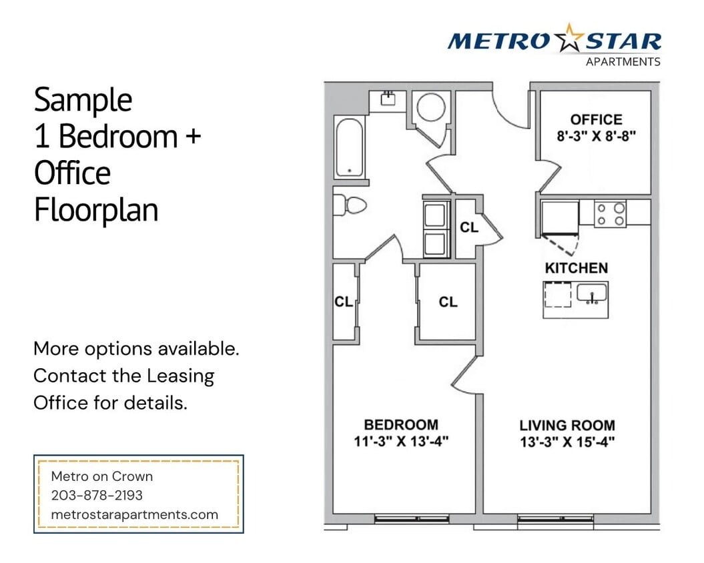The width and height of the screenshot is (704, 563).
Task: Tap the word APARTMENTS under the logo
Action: [623, 62]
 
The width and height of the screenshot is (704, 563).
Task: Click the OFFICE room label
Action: [596, 119]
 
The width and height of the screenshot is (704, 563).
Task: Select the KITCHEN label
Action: [577, 268]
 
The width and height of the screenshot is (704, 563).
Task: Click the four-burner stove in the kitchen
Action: [611, 214]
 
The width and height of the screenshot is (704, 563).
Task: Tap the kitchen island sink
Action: [591, 293]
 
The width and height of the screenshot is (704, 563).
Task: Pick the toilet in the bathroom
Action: [349, 205]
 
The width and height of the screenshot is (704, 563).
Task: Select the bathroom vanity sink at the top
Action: [387, 99]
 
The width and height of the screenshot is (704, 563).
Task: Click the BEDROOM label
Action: [400, 424]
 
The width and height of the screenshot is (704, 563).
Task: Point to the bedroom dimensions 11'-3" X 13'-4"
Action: [400, 441]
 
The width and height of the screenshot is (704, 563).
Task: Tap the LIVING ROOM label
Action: [567, 425]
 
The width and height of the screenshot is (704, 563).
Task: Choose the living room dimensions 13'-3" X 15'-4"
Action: [567, 442]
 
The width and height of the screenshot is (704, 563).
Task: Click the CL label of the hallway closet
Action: [469, 227]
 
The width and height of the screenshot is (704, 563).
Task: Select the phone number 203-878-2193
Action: [97, 496]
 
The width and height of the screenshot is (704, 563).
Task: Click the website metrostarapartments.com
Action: [135, 514]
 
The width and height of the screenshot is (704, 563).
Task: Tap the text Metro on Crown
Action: [102, 476]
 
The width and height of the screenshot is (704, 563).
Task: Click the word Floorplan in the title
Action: [96, 210]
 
